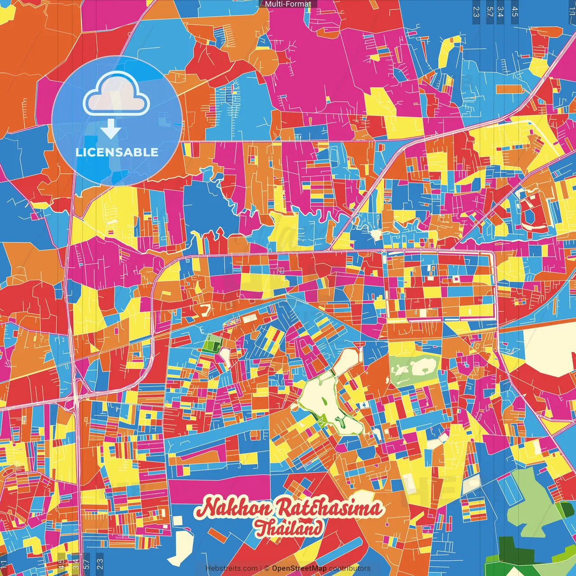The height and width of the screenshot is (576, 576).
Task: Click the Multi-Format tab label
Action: [288, 4]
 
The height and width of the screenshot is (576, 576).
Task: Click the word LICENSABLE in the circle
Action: [117, 152]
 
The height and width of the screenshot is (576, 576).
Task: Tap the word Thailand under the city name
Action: [289, 528]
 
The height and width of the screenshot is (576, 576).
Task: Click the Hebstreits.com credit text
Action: [231, 568]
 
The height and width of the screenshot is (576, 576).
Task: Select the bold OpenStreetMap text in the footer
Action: [299, 568]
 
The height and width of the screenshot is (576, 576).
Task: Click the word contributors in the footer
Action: [349, 568]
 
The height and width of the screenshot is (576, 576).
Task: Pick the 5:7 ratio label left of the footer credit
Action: [87, 563]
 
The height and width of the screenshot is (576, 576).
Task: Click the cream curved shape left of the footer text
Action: [180, 547]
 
